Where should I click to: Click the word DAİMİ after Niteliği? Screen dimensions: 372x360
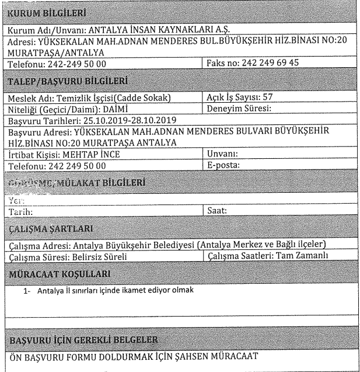coord(112,108)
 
